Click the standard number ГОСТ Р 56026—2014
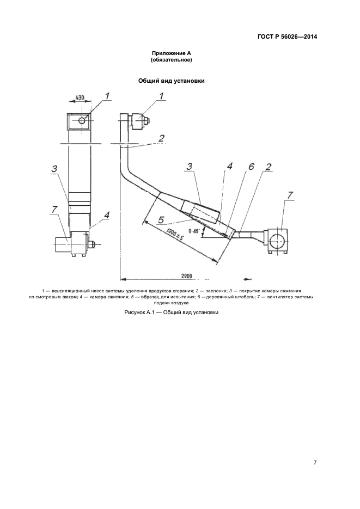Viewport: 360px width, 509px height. (287, 36)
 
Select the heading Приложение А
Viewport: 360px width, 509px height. (172, 54)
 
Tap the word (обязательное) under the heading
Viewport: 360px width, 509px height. (172, 60)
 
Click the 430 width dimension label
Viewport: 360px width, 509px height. (80, 97)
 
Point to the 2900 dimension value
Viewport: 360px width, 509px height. (186, 276)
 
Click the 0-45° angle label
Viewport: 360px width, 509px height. (194, 231)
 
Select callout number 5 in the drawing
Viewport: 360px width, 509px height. (161, 220)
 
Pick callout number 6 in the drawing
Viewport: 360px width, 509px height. (251, 167)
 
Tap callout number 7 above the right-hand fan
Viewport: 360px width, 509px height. (290, 195)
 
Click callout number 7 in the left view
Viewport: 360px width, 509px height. (54, 210)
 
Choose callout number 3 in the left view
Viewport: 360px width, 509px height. (54, 169)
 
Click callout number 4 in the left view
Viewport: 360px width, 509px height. (106, 215)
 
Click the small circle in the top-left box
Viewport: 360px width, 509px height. (82, 120)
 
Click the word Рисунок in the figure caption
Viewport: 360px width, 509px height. (134, 312)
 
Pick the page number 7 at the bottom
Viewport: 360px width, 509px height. (315, 463)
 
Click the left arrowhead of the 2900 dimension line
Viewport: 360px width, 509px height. (123, 279)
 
